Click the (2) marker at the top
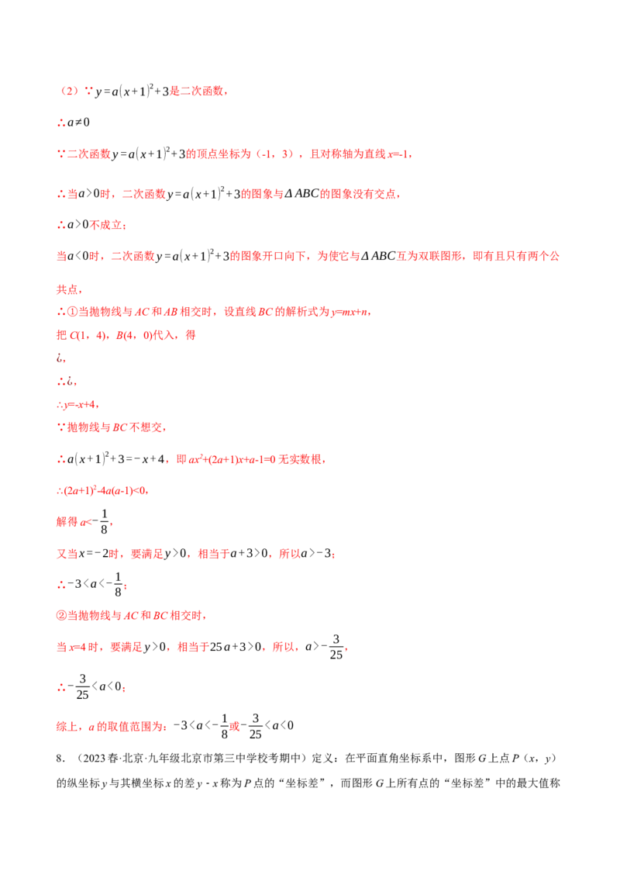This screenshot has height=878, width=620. coord(70,92)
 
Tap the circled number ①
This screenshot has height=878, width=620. coord(73,312)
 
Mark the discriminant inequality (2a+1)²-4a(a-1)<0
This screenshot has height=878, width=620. coord(105,491)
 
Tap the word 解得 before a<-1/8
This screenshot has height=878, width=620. coord(67,522)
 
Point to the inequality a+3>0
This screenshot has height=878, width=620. coord(249,554)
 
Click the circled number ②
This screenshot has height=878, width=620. coord(61,616)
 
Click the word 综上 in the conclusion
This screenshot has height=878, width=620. coord(67,727)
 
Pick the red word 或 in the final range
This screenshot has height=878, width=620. coord(235,726)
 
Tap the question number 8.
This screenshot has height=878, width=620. coord(60,759)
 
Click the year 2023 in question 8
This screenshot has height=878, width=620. coord(94,759)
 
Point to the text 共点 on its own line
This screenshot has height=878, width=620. coord(67,289)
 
